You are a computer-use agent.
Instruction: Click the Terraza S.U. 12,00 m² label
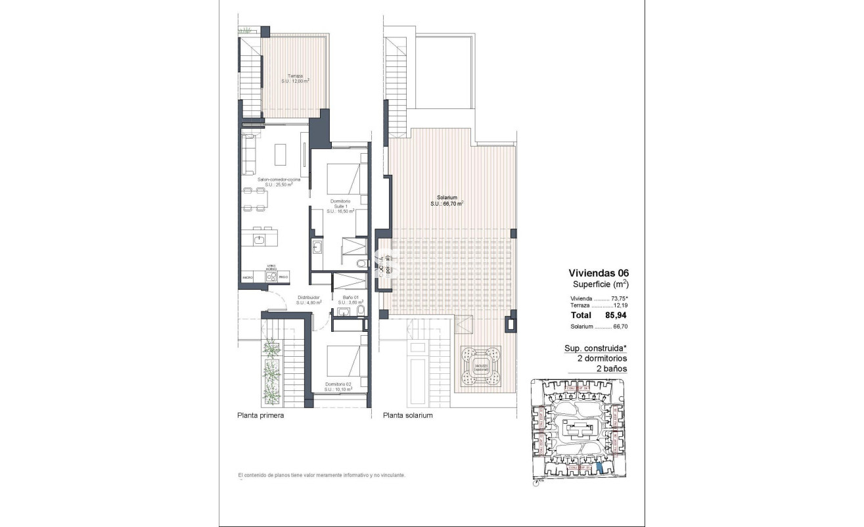coord(295,78)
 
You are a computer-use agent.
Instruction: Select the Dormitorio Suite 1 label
coord(340,206)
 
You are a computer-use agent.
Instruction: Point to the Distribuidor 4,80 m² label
coord(307,300)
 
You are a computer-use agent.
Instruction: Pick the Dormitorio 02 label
coord(339,386)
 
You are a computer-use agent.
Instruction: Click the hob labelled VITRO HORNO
coord(271,277)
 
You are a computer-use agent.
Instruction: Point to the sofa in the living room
coord(248,152)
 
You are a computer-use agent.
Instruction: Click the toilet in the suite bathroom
coord(361,264)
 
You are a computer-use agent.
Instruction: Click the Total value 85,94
coord(614,315)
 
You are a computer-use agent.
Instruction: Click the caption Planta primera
coord(260,415)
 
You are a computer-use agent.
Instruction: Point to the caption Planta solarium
coord(408,415)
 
